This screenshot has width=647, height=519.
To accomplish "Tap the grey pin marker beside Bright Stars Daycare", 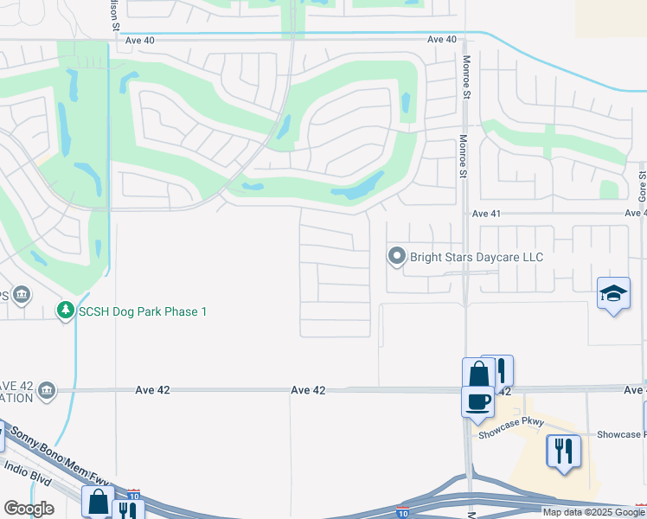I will [397, 256].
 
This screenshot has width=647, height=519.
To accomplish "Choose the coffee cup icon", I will [477, 400].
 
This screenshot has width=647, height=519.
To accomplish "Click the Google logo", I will [29, 509].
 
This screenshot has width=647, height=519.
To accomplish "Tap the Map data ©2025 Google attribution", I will [594, 512].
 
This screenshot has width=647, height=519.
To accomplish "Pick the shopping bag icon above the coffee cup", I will [477, 374].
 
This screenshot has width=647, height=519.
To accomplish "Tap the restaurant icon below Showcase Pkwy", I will [563, 451].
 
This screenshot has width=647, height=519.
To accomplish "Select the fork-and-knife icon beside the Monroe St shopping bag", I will [500, 370].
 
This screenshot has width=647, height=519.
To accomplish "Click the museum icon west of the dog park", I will [22, 296].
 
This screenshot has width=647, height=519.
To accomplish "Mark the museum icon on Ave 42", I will [47, 390].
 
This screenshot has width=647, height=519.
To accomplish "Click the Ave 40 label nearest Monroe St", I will [441, 39].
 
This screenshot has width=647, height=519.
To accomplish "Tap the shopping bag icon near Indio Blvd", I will [98, 501].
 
